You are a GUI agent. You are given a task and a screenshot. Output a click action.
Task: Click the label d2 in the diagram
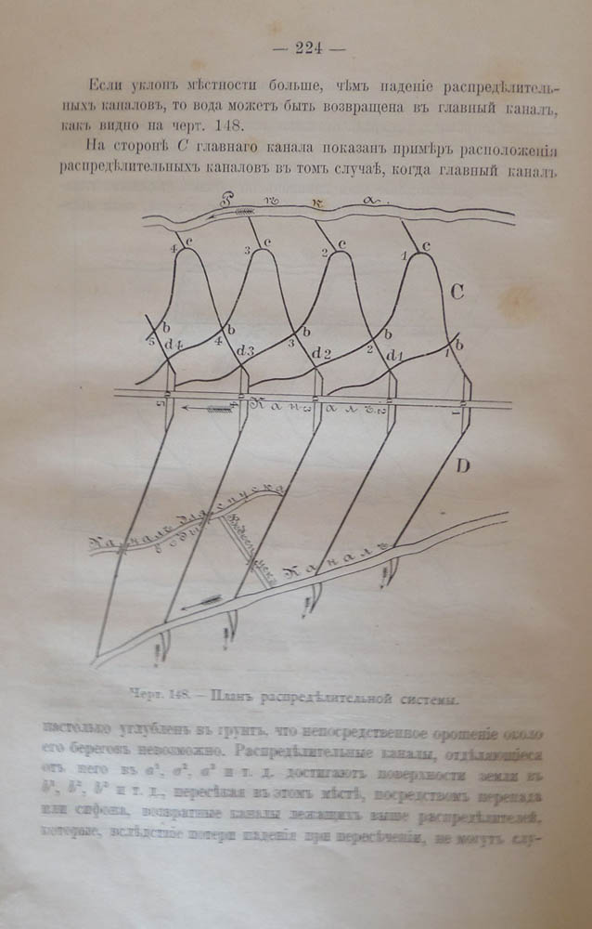[x=321, y=354]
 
